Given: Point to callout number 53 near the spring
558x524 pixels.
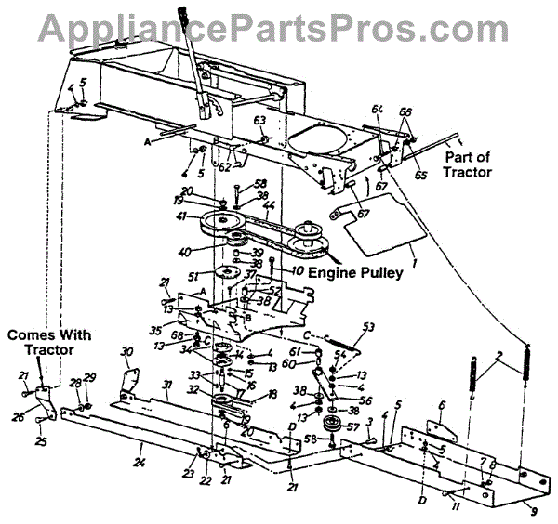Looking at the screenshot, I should (x=368, y=327).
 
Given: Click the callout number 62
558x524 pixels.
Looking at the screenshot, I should (x=224, y=168).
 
